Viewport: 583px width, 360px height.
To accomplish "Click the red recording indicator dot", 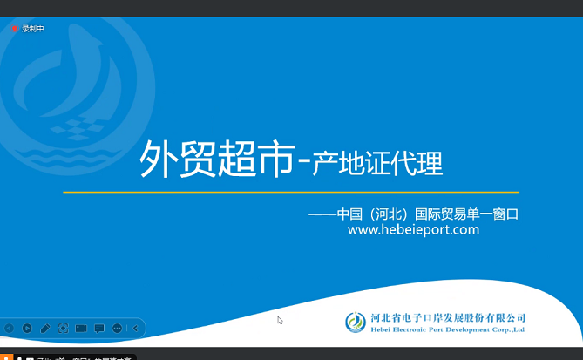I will point(14,29).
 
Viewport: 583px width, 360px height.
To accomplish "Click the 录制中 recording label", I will point(33,29).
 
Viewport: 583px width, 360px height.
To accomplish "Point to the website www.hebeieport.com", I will point(413,230).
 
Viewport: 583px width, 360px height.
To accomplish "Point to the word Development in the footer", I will point(462,330).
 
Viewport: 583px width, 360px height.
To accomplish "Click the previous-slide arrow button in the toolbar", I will point(9,329).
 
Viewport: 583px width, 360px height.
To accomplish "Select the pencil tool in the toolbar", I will point(45,329).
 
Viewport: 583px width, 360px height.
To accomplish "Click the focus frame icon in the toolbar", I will point(63,329).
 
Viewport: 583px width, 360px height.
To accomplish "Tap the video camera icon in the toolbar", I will point(81,329).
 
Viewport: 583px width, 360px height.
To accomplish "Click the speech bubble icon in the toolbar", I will point(99,329).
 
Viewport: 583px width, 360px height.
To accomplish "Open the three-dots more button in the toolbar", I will point(118,329).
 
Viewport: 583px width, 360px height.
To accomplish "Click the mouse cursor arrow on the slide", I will point(280,320).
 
